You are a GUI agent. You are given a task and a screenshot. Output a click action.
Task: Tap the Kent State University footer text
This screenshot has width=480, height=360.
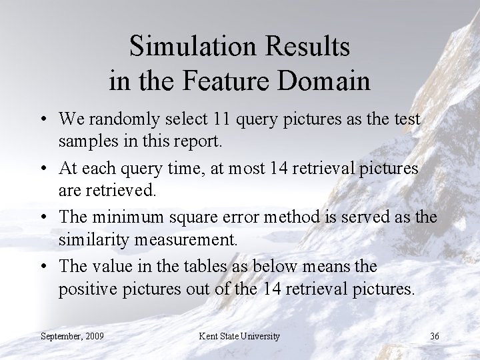[239, 335]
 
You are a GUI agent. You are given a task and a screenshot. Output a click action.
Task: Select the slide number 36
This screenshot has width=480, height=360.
[434, 335]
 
